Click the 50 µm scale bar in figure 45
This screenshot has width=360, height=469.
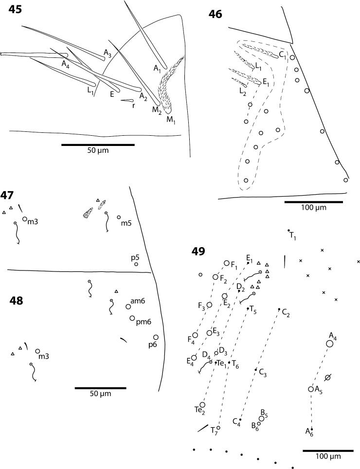98,144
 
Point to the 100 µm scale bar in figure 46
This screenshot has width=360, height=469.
313,201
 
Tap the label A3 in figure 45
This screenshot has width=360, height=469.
107,52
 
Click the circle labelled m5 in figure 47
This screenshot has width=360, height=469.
119,217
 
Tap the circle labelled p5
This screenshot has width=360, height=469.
136,264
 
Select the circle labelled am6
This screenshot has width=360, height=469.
128,307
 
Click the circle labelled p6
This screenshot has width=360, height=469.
156,337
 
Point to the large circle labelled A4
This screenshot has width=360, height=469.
329,343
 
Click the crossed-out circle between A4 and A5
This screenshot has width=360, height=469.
328,378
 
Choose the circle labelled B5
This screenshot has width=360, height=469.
262,418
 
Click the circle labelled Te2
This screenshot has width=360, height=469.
202,404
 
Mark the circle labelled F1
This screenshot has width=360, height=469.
226,263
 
